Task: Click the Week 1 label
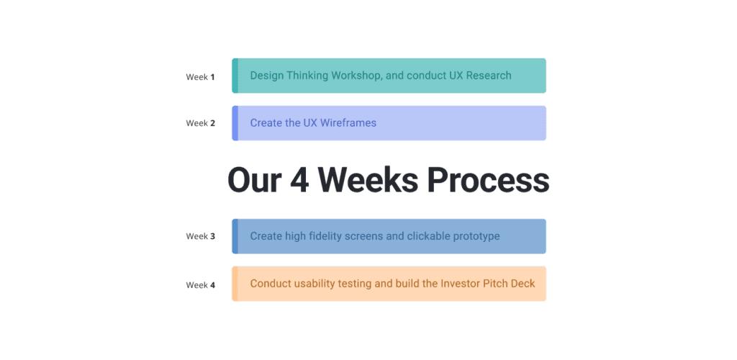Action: click(200, 77)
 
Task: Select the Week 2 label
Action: click(200, 123)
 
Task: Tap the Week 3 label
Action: click(200, 236)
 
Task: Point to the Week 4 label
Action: click(200, 285)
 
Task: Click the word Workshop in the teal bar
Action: click(356, 76)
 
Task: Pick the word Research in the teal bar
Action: click(489, 76)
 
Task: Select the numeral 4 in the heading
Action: click(299, 180)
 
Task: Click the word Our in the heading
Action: click(254, 180)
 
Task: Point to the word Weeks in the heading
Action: click(368, 180)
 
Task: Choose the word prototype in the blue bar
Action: click(476, 236)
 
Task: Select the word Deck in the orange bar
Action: click(523, 284)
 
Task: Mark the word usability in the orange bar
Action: click(316, 284)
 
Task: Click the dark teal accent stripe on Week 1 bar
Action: click(235, 76)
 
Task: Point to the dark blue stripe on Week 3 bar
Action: click(235, 236)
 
